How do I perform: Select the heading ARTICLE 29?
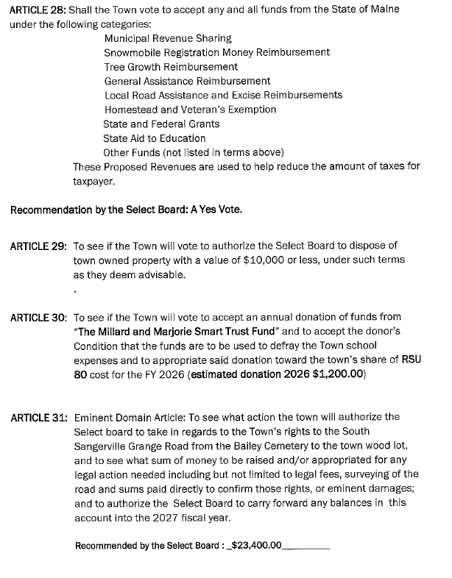(x=38, y=246)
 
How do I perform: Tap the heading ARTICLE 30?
(x=38, y=318)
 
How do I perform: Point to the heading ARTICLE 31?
(x=38, y=418)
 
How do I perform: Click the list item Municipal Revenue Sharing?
(x=168, y=38)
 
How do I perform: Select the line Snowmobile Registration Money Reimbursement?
(x=216, y=52)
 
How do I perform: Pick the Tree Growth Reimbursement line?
(x=171, y=66)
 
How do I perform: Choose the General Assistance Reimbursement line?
(x=187, y=81)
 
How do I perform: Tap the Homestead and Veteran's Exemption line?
(x=190, y=110)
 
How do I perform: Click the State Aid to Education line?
(x=154, y=138)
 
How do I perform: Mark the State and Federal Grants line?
(x=161, y=124)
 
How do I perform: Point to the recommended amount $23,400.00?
(x=256, y=546)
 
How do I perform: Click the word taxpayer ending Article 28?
(x=94, y=180)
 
